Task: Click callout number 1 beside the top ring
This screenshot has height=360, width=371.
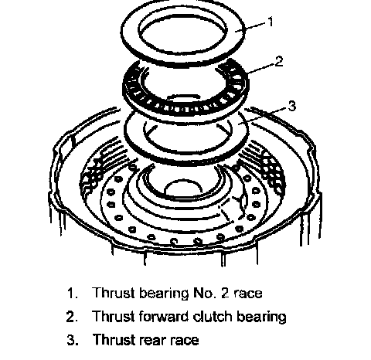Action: point(270,22)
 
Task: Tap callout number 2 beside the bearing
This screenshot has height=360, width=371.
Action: point(279,62)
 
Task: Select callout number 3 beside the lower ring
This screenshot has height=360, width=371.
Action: point(292,106)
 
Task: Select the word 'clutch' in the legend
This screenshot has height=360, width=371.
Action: point(213,316)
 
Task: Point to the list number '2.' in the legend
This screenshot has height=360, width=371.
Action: point(72,317)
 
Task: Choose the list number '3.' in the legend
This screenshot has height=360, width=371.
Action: point(73,340)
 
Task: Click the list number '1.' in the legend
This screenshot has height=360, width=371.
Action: point(73,293)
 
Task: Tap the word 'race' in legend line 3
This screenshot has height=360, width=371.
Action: point(185,340)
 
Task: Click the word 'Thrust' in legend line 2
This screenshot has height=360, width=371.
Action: point(114,316)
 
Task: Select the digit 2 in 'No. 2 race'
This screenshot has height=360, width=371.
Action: point(225,293)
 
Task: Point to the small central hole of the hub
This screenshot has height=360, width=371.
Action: point(183,188)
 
